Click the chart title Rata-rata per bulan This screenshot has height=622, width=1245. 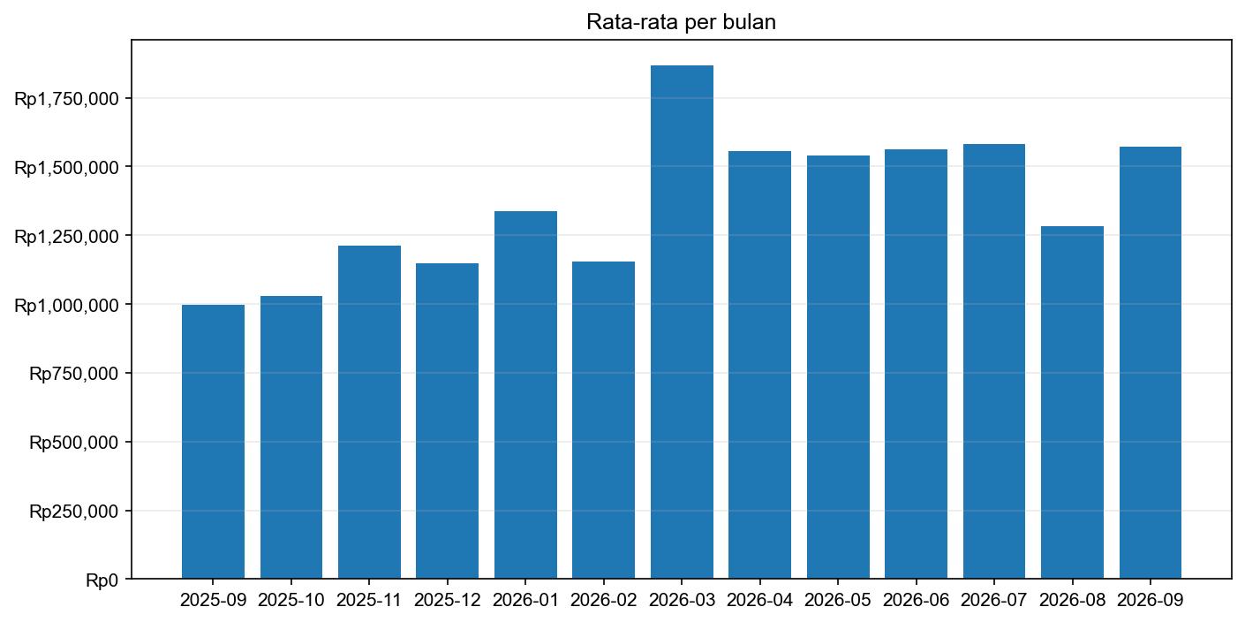pos(681,23)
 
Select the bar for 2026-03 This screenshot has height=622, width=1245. pos(682,322)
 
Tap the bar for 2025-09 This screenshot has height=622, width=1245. pos(213,442)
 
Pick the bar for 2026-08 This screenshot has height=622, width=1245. pos(1072,403)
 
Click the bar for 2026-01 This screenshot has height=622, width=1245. pos(525,395)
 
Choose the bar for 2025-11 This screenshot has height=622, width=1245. pos(369,413)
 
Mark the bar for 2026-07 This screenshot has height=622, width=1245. pos(993,361)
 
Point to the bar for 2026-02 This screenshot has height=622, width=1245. pos(603,421)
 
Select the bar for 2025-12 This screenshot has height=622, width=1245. pos(447,421)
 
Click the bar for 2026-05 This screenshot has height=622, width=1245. pos(838,368)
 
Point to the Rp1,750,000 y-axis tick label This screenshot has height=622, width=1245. pos(66,98)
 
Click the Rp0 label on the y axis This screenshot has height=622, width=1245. pos(102,580)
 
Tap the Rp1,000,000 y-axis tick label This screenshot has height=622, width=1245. pos(66,305)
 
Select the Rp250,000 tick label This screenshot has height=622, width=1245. pos(74,512)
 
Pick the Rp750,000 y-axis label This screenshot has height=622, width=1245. pos(74,374)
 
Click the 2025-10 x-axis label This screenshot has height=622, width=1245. pos(291,601)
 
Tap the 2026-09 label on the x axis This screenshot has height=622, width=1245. pos(1150,601)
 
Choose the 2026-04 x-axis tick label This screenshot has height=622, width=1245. pos(759,601)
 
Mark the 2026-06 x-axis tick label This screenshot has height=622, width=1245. pos(916,601)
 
